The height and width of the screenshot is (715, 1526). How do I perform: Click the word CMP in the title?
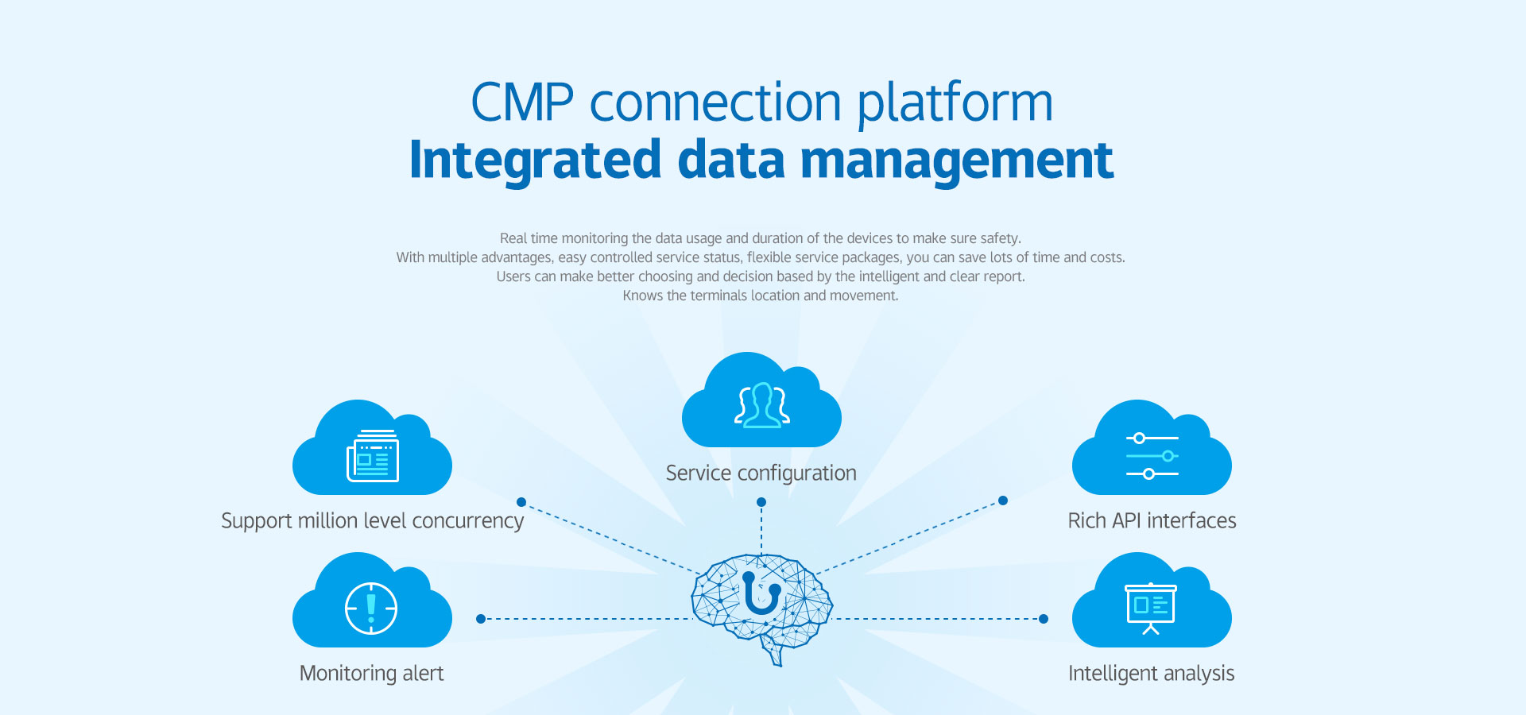coord(521,103)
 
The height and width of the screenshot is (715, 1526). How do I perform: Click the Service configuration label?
coord(761,473)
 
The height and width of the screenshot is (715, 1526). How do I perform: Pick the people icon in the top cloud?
coord(761,405)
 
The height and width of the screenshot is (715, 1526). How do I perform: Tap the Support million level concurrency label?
coord(372,521)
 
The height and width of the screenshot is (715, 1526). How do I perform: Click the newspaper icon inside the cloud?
coord(372,456)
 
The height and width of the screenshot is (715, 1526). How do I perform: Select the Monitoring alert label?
coord(371,674)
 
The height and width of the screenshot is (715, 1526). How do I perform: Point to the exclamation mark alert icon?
coord(371,609)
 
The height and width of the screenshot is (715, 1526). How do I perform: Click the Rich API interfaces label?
coord(1152,521)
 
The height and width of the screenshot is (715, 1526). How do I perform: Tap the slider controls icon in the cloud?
coord(1152,456)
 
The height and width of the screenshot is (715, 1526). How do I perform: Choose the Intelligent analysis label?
coord(1151,674)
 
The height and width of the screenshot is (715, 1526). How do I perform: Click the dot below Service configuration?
coord(761,502)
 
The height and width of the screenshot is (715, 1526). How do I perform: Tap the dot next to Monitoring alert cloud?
coord(481,619)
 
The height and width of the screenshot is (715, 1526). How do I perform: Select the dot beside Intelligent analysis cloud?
coord(1044,619)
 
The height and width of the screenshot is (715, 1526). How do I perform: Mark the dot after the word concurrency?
coord(521,502)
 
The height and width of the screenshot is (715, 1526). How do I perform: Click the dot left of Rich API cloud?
coord(1003,500)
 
